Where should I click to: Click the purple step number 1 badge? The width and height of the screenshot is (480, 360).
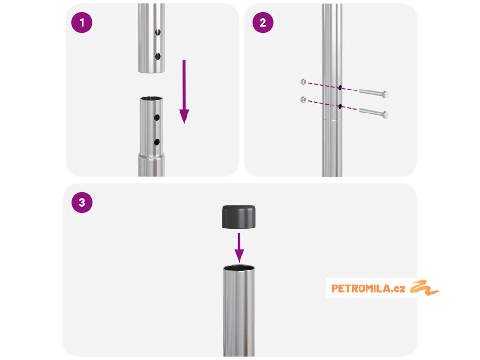pos(82,22)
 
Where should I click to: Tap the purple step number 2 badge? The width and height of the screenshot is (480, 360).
pos(262,22)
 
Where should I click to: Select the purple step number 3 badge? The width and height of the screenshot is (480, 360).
pos(82,202)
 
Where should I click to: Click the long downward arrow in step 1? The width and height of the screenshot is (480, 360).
pos(184,91)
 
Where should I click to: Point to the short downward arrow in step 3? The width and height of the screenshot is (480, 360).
pos(239,247)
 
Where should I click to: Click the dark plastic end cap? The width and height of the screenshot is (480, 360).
pos(239,217)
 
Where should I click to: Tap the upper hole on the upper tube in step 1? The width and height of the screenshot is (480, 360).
pos(157,32)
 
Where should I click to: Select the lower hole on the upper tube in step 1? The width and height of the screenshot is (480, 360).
pos(157,56)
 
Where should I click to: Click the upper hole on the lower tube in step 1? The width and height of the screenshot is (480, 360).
pos(157,118)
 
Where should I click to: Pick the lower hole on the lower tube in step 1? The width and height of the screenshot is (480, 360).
pos(157,142)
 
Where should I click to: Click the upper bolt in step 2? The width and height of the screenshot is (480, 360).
pos(373,93)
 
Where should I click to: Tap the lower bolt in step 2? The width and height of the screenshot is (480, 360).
pos(373,112)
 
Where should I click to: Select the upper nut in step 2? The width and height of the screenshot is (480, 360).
pos(303,82)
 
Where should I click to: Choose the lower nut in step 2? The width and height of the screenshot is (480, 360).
pos(303,99)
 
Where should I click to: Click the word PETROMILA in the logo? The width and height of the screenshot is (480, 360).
pos(360,288)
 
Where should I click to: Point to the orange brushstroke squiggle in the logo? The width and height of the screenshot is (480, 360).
pos(424,288)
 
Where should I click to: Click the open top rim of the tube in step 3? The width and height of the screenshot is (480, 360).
pos(239,268)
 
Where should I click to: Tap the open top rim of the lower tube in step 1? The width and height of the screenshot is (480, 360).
pos(151,98)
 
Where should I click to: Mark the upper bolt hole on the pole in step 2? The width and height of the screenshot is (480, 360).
pos(340,88)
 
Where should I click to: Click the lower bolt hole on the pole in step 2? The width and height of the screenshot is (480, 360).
pos(340,106)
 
